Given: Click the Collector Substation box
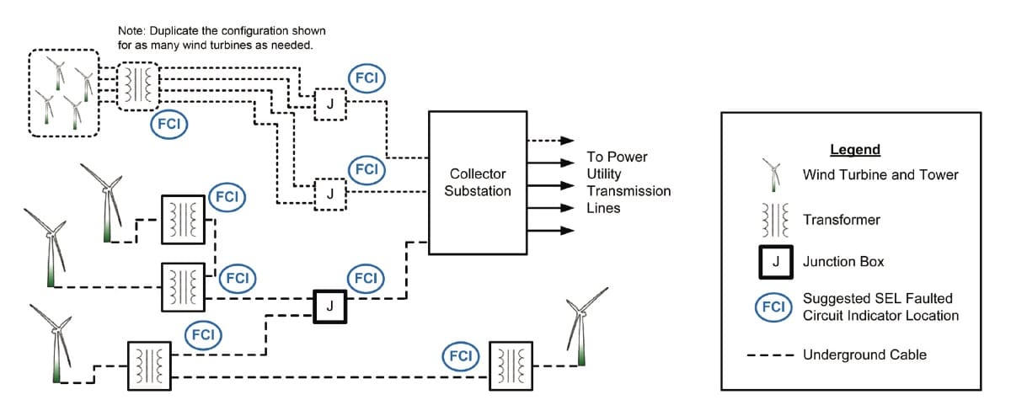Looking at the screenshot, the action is pyautogui.click(x=478, y=183).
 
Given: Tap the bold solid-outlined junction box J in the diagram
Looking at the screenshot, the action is pyautogui.click(x=330, y=307).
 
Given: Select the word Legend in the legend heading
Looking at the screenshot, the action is pyautogui.click(x=855, y=149).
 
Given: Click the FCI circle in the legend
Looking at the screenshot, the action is pyautogui.click(x=773, y=307).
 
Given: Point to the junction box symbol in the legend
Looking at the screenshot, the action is pyautogui.click(x=775, y=262).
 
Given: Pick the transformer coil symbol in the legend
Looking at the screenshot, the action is pyautogui.click(x=775, y=220).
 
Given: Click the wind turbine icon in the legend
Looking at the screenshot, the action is pyautogui.click(x=773, y=175).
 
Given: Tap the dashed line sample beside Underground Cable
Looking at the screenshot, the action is pyautogui.click(x=770, y=355).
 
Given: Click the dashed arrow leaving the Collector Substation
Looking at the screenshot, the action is pyautogui.click(x=550, y=141).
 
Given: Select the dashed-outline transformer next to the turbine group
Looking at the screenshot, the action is pyautogui.click(x=138, y=86).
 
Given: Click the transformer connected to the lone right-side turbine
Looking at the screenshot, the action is pyautogui.click(x=511, y=366).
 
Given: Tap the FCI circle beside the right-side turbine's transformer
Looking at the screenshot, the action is pyautogui.click(x=460, y=356).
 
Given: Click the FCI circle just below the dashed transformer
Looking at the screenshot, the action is pyautogui.click(x=168, y=124).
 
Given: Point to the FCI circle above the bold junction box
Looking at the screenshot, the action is pyautogui.click(x=366, y=279).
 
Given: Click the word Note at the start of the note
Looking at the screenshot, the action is pyautogui.click(x=131, y=31).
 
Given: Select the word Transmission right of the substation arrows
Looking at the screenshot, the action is pyautogui.click(x=629, y=191).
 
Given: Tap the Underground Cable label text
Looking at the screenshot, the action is pyautogui.click(x=864, y=355).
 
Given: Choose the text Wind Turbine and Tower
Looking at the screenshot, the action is pyautogui.click(x=880, y=174).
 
